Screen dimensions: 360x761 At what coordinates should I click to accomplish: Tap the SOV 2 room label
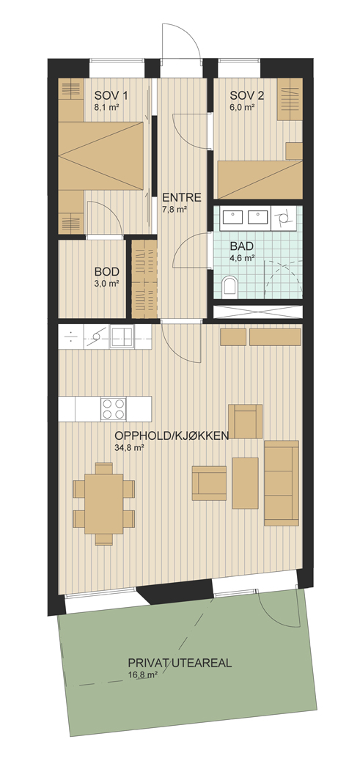[x=247, y=95]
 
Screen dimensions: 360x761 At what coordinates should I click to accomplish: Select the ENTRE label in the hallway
[x=182, y=197]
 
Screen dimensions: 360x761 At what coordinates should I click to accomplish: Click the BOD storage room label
[x=107, y=271]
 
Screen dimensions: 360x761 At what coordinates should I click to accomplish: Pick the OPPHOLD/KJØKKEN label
[x=172, y=435]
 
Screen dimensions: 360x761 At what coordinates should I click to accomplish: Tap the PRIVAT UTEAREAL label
[x=180, y=663]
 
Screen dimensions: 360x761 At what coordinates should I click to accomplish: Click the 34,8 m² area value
[x=128, y=448]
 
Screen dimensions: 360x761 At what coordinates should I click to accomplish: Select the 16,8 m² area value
[x=142, y=674]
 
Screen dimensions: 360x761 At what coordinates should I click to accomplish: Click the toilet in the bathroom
[x=229, y=286]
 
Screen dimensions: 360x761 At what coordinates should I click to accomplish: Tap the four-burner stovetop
[x=114, y=408]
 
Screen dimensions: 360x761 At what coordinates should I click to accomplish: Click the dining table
[x=104, y=504]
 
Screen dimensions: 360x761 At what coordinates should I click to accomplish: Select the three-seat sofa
[x=282, y=483]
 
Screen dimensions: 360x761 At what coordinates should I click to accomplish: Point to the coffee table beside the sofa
[x=245, y=483]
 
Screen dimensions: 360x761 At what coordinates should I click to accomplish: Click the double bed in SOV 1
[x=102, y=155]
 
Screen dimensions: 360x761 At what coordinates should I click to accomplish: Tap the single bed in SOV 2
[x=260, y=180]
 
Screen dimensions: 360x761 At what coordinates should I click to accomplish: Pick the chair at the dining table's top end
[x=104, y=468]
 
